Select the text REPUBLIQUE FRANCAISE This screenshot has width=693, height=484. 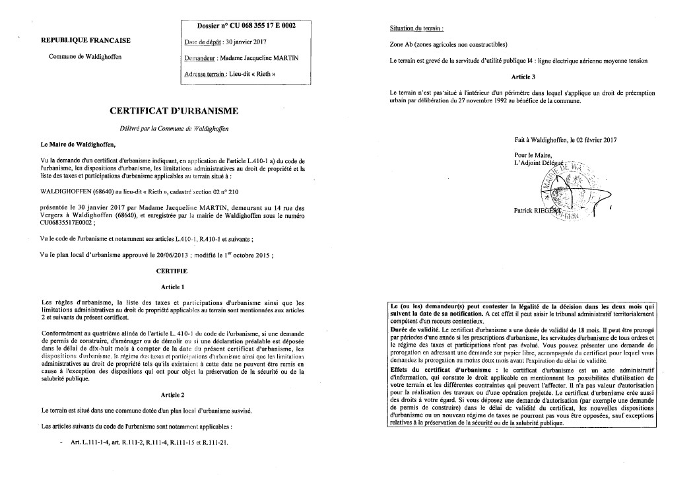click(x=86, y=40)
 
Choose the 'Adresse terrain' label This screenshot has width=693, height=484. click(x=209, y=74)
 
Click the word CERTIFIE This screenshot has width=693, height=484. click(x=172, y=271)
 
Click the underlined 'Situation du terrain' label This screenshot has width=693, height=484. click(x=416, y=28)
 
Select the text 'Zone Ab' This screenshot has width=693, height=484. click(x=404, y=44)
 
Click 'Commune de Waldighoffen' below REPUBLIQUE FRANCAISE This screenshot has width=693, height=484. click(x=85, y=57)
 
